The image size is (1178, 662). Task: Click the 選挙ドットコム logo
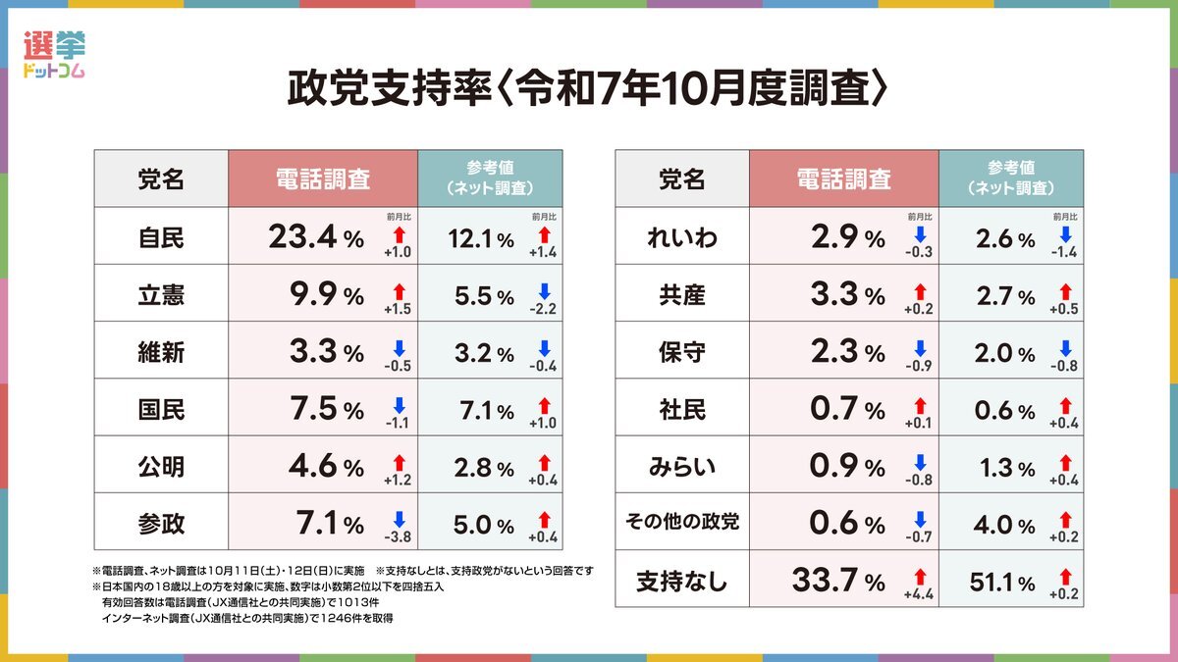pos(54,56)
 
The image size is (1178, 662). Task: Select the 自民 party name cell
pos(161,236)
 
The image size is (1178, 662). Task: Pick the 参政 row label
pos(161,524)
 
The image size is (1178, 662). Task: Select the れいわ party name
pos(681,236)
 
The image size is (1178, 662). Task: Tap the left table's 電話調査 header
pos(323,178)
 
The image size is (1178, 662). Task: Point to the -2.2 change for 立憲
pos(541,309)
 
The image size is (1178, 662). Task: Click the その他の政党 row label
pos(681,523)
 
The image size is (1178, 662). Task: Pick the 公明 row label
pos(161,467)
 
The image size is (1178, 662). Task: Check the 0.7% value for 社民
pos(837,409)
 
